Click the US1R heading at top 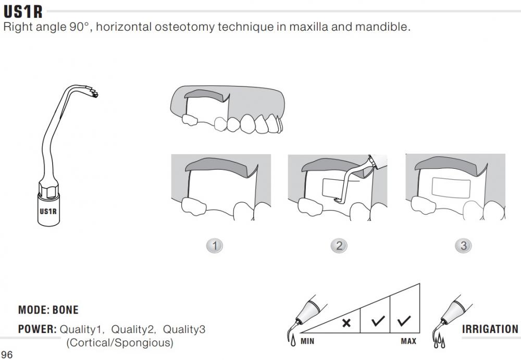click(23, 11)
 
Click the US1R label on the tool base click(48, 212)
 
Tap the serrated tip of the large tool click(94, 94)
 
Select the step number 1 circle click(214, 245)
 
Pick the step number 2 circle click(339, 245)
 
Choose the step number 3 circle click(463, 245)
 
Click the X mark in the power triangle click(346, 323)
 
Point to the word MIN click(307, 341)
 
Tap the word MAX click(408, 341)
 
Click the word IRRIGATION click(490, 329)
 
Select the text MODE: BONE click(48, 310)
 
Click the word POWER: click(37, 329)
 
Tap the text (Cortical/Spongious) click(119, 343)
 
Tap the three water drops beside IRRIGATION click(437, 343)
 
